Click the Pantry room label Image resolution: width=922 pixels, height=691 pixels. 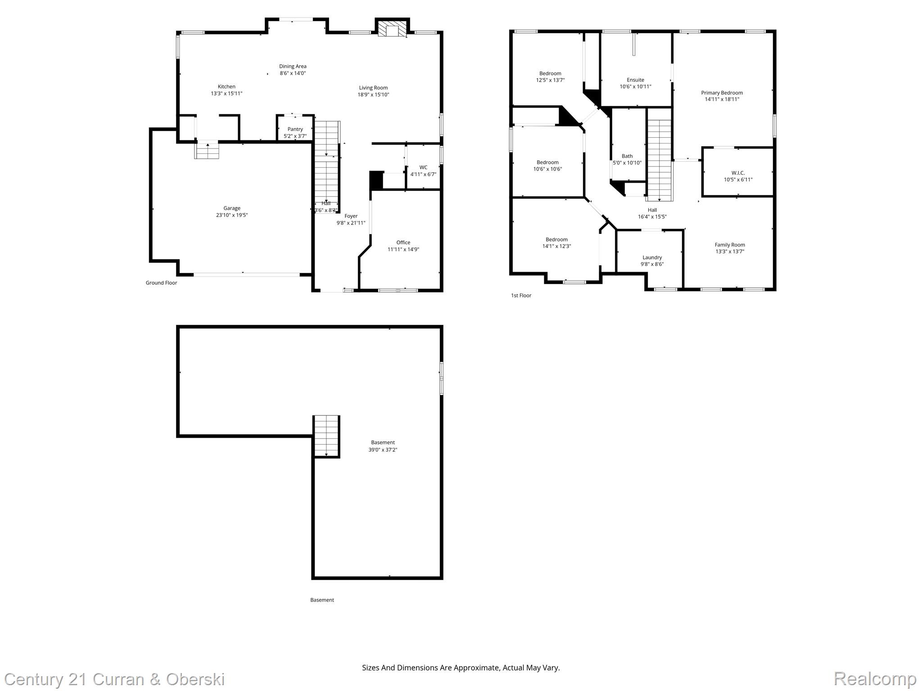point(295,129)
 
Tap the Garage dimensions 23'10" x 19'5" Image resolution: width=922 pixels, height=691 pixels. point(232,215)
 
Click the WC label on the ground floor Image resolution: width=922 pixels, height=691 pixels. point(423,167)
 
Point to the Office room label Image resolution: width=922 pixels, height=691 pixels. point(403,242)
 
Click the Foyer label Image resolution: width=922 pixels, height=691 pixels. point(351,216)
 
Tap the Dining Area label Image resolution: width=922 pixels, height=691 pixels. point(293,66)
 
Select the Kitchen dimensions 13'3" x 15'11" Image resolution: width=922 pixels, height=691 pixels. point(226,94)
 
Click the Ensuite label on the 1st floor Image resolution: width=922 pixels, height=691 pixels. point(635,80)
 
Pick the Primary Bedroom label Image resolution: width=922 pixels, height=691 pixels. point(722,93)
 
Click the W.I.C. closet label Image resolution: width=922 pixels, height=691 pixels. point(738,173)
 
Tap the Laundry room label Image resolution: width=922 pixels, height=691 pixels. point(652,257)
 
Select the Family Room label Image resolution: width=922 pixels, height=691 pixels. point(730,245)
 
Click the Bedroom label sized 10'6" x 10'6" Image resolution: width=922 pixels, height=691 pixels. point(547,162)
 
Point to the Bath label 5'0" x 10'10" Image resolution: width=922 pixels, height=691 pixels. point(627,156)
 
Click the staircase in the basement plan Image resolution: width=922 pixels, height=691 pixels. point(326,436)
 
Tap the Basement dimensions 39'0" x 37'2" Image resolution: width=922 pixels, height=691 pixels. point(383,449)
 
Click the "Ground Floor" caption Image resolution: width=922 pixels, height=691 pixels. point(161,283)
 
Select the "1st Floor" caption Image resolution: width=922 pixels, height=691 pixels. point(521,295)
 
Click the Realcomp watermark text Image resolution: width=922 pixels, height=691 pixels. point(875,678)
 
